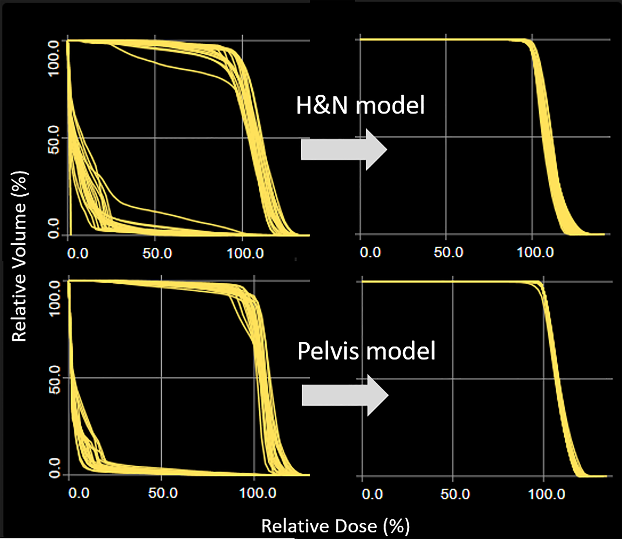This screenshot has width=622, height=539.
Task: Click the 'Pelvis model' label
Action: click(x=366, y=351)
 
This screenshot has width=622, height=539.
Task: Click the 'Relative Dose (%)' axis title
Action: click(x=335, y=526)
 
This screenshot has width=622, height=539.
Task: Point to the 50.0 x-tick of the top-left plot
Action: click(x=157, y=254)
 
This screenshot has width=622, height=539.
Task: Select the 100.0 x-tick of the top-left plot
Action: click(x=245, y=254)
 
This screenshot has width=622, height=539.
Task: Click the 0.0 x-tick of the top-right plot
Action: click(x=370, y=252)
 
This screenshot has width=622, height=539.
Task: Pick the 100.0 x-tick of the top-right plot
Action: click(x=535, y=252)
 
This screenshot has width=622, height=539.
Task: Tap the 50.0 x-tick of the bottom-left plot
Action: click(x=163, y=493)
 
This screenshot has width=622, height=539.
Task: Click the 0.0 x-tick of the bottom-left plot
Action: click(x=79, y=493)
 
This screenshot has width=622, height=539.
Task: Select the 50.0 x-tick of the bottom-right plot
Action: click(x=455, y=494)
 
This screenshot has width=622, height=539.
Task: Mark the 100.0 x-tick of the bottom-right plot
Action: click(x=546, y=494)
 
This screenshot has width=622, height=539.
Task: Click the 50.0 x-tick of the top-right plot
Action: click(x=448, y=252)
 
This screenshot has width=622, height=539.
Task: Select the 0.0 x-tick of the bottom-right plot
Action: click(x=372, y=494)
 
